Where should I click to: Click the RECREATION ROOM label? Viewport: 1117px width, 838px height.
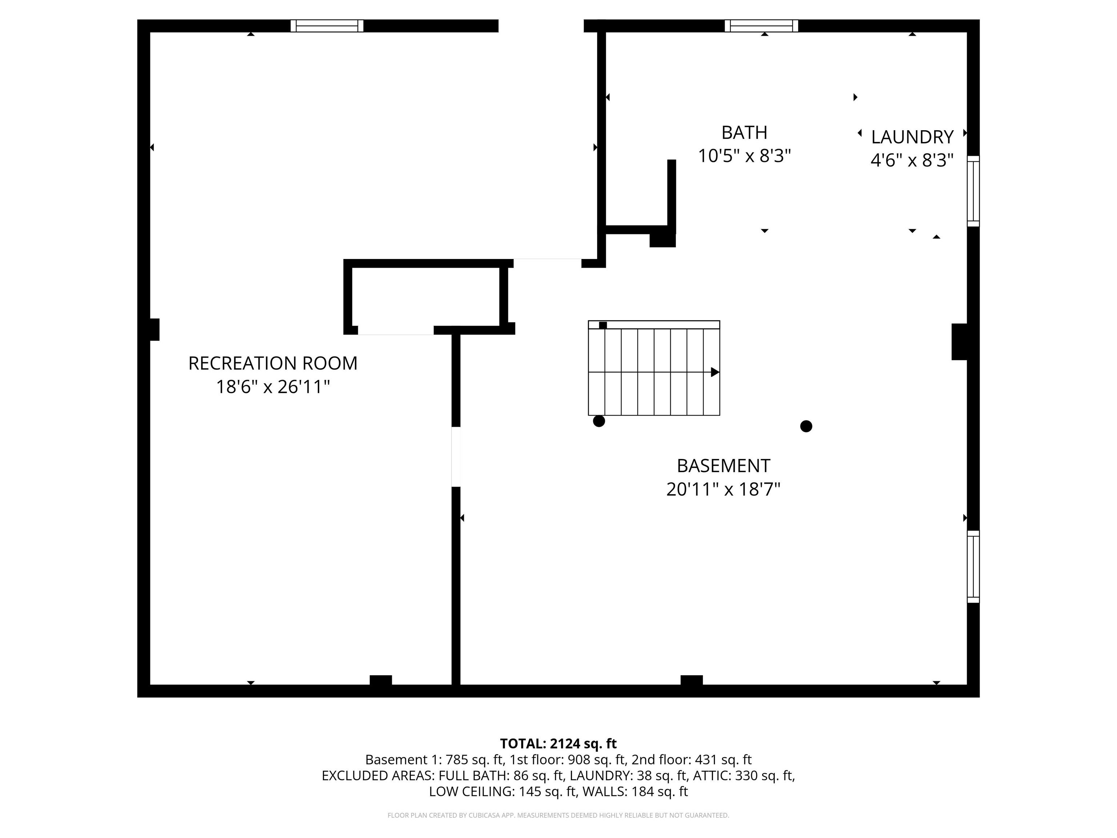coord(273,363)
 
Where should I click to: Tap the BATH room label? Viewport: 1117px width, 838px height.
coord(744,132)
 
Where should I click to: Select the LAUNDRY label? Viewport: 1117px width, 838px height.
coord(912,137)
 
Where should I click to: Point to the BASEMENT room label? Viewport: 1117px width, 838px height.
coord(723,465)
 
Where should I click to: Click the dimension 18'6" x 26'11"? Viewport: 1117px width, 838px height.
coord(273,387)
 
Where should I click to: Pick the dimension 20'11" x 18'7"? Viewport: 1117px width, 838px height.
coord(723,489)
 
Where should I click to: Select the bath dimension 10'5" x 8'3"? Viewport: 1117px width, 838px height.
coord(744,156)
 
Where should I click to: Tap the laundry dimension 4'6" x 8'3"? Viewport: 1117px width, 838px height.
coord(912,160)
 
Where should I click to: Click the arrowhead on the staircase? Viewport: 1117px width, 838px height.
coord(715,372)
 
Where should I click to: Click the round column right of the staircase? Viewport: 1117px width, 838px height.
coord(806,426)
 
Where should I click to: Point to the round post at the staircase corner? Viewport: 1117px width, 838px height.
coord(599,421)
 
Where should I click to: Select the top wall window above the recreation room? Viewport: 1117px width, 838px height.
coord(327,26)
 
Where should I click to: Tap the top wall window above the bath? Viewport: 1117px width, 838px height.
coord(761,26)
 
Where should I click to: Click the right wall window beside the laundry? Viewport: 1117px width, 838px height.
coord(973,191)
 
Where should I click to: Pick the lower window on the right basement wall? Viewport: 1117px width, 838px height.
coord(973,567)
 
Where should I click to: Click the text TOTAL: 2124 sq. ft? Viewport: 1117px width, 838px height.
coord(558,743)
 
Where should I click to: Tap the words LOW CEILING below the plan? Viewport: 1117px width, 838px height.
coord(471,791)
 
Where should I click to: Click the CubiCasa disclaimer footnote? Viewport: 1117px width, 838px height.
coord(558,815)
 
